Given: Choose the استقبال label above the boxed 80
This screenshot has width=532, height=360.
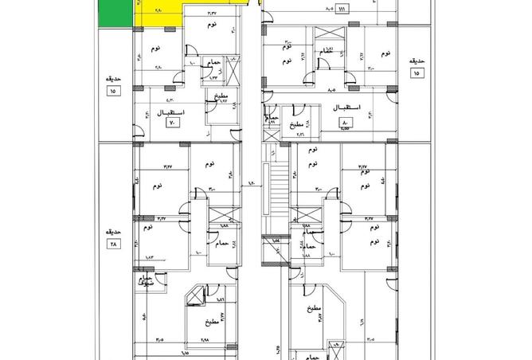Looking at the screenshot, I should (x=344, y=108).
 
